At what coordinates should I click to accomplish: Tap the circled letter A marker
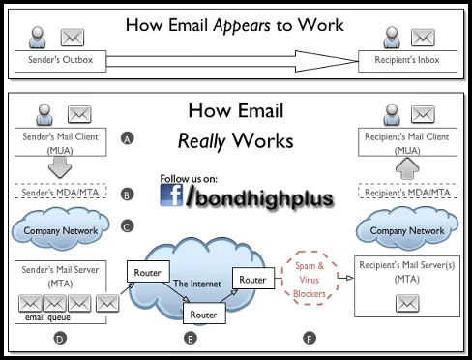[127, 138]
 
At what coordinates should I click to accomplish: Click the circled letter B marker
[127, 194]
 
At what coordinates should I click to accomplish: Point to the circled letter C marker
[127, 227]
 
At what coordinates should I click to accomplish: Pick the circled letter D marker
[59, 339]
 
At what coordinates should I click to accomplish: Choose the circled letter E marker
[190, 339]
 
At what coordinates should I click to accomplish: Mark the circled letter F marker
[310, 339]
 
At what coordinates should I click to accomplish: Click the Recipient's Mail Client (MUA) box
[407, 142]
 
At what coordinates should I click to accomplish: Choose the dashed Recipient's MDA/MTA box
[407, 193]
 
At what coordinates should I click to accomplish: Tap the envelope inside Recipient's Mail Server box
[407, 305]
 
